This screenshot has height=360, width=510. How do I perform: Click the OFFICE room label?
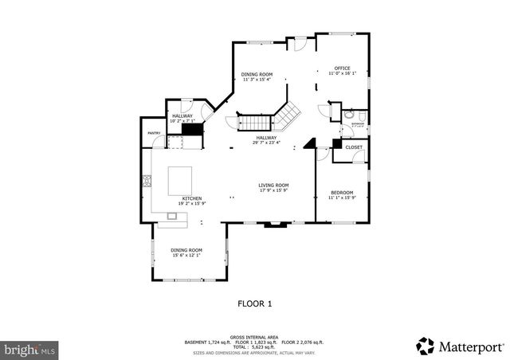pos(343,68)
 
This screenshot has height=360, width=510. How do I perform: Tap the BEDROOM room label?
pos(342,192)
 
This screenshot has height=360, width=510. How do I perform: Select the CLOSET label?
pos(354,147)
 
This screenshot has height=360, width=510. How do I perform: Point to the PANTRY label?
pos(154,133)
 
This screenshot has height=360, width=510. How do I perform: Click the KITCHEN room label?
pos(191,198)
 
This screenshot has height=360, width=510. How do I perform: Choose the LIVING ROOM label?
pos(273,186)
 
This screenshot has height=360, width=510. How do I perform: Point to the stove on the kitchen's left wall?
pos(147,182)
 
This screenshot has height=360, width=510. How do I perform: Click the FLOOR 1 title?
pos(255,303)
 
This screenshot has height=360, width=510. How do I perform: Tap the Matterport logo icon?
pos(425,346)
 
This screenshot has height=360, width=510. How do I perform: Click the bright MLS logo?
pos(29,349)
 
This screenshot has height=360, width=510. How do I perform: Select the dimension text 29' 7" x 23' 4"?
pos(266,143)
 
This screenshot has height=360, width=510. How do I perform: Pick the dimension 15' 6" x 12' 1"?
pos(186,255)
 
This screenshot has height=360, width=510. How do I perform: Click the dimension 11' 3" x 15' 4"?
pos(257,80)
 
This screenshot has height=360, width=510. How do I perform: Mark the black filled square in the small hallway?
pos(190,128)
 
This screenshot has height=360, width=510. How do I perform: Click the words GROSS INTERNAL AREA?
pos(254,336)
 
